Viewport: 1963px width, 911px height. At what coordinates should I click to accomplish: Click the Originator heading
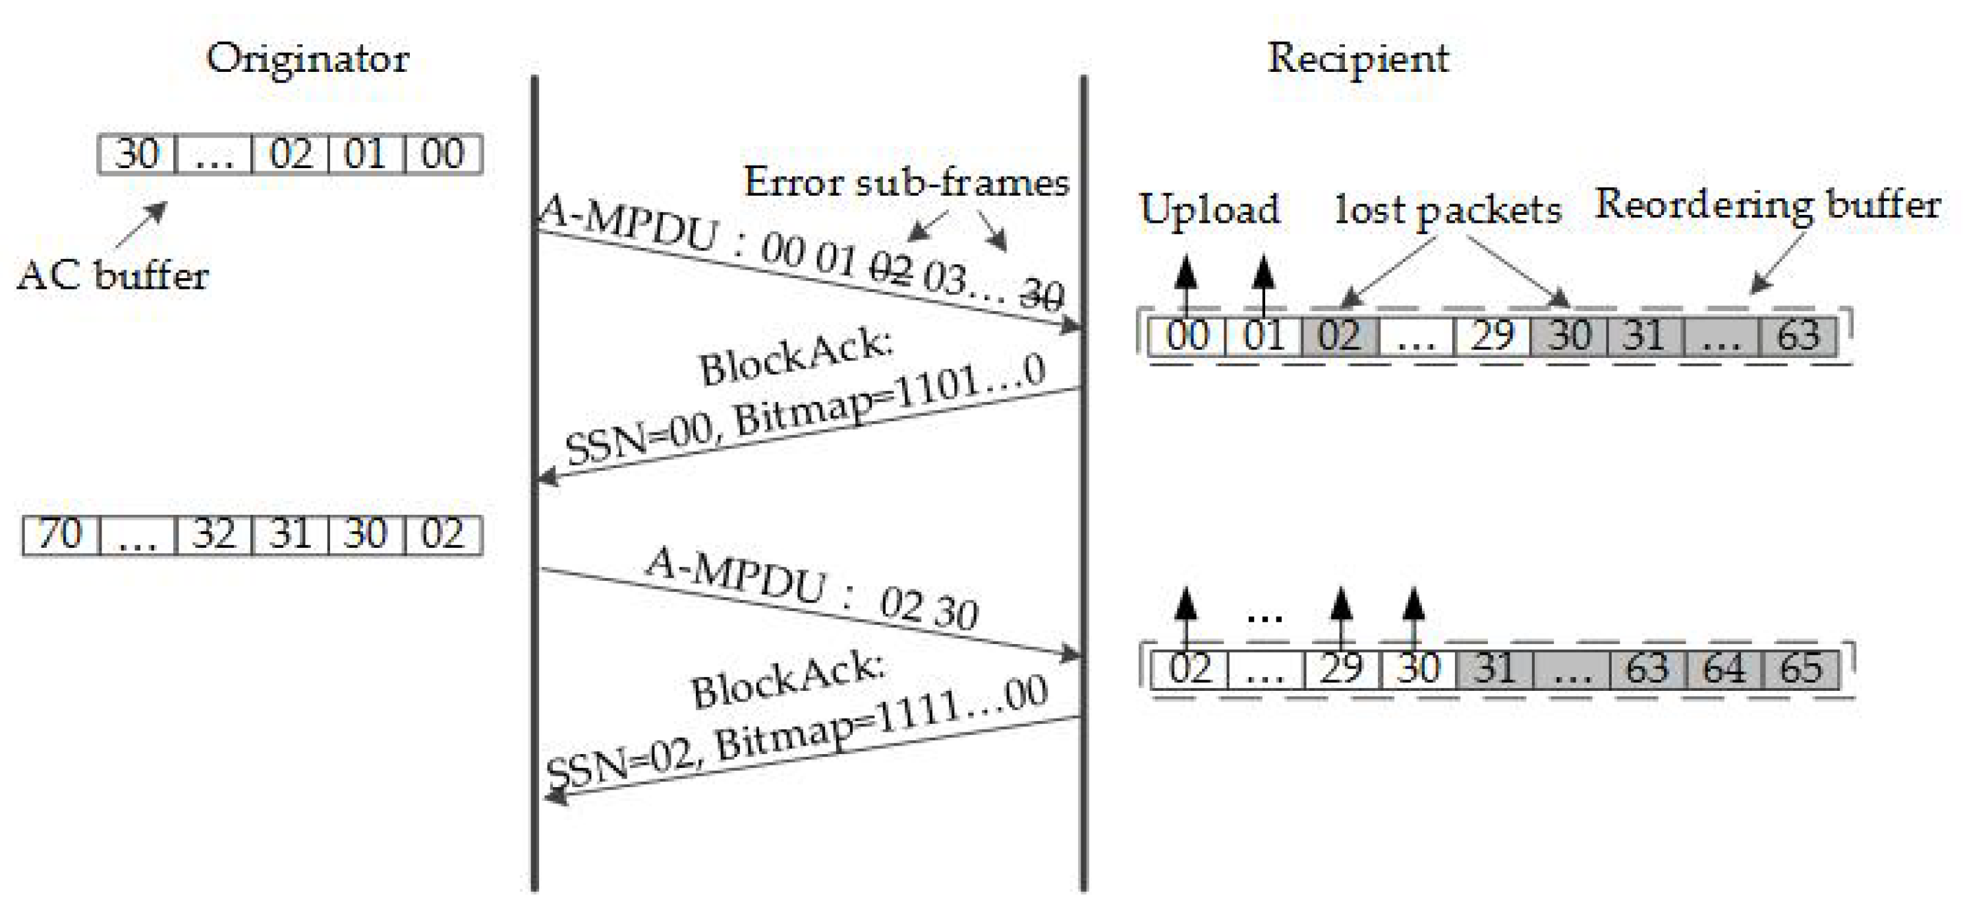click(x=307, y=58)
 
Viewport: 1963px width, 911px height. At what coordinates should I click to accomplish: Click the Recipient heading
click(x=1357, y=58)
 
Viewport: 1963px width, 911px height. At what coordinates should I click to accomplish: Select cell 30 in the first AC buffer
click(x=137, y=154)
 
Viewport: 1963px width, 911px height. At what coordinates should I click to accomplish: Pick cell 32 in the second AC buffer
click(x=213, y=535)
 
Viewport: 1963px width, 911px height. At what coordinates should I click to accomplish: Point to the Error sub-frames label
click(x=906, y=183)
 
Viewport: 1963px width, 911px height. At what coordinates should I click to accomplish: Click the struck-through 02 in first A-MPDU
click(x=892, y=268)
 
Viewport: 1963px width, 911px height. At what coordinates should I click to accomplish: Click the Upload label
click(x=1209, y=209)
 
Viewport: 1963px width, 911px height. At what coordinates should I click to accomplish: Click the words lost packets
click(x=1447, y=209)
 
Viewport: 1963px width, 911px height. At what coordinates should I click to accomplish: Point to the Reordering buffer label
click(x=1767, y=204)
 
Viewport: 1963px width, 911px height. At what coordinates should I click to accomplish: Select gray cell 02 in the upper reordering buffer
click(x=1340, y=336)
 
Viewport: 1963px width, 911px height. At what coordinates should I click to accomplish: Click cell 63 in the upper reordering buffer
click(x=1798, y=336)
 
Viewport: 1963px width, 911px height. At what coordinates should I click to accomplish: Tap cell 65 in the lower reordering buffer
click(x=1801, y=669)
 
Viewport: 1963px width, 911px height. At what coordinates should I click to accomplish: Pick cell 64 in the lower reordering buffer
click(x=1724, y=669)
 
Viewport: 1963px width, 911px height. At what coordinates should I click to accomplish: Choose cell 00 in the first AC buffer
click(x=443, y=154)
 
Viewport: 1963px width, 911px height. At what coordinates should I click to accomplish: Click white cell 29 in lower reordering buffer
click(x=1341, y=669)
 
